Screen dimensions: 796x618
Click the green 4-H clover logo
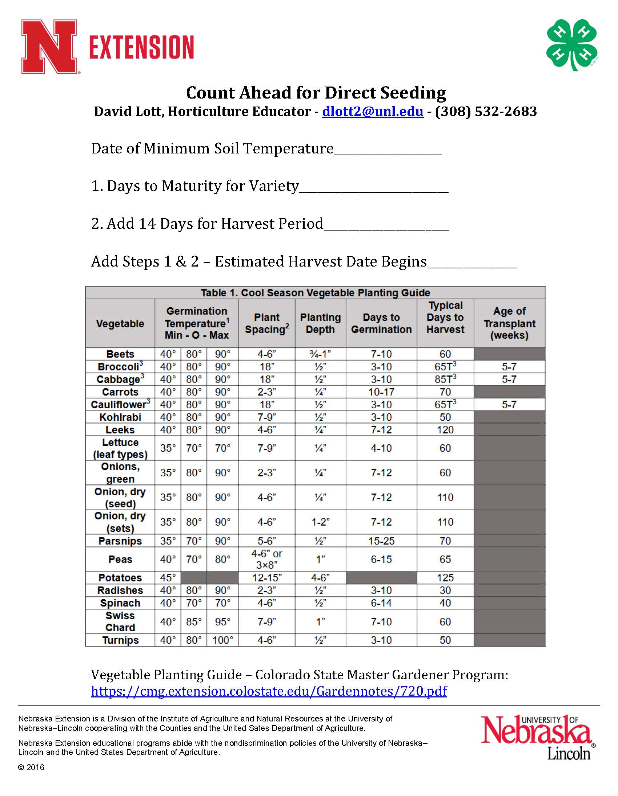[572, 45]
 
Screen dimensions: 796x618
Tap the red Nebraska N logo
[49, 47]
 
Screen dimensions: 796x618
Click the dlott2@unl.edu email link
[372, 112]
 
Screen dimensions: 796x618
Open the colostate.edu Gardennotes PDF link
[269, 691]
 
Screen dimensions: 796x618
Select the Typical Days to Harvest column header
[445, 317]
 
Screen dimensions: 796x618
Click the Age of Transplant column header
[509, 323]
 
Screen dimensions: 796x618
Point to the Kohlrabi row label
[120, 417]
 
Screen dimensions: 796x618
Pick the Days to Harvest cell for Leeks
[445, 430]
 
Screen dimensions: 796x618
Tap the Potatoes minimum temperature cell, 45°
[168, 578]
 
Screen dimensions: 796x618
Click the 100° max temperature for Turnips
[222, 640]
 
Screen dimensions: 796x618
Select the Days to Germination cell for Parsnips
[381, 541]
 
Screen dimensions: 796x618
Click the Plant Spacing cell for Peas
[266, 559]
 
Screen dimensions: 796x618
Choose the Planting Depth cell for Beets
[320, 354]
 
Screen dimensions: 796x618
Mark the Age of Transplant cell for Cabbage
[509, 379]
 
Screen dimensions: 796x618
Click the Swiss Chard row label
[120, 621]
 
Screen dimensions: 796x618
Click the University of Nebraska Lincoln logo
[538, 737]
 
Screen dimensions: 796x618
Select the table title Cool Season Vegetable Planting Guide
[315, 293]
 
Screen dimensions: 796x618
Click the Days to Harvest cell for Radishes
[445, 590]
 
